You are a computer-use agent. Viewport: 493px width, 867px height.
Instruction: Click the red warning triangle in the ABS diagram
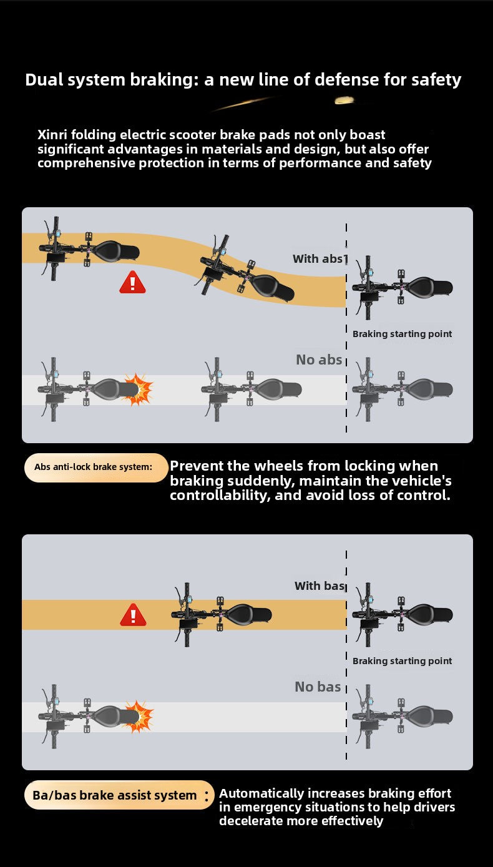click(132, 282)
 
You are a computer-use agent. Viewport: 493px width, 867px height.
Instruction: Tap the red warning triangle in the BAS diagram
click(133, 614)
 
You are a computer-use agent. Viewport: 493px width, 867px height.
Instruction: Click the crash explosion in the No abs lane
click(138, 389)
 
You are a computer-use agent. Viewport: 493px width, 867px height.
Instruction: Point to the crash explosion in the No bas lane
click(139, 717)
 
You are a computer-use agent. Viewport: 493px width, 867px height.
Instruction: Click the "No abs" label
click(320, 360)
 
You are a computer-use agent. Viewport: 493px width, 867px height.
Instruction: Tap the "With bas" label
click(320, 585)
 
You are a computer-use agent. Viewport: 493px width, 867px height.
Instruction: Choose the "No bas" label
click(318, 687)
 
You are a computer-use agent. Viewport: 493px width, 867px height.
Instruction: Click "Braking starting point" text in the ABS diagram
click(402, 334)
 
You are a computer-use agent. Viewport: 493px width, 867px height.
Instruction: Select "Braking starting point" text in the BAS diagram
click(402, 660)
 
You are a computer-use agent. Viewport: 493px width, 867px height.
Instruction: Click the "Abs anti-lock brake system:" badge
click(96, 467)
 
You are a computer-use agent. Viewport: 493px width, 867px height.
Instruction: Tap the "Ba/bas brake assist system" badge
click(119, 795)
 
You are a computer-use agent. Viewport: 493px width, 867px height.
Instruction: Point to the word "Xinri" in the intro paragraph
click(52, 135)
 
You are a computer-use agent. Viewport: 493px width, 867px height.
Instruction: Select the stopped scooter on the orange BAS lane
click(222, 615)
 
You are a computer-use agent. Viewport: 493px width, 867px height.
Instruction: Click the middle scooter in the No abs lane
click(251, 389)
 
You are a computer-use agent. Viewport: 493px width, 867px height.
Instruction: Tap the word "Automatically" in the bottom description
click(261, 794)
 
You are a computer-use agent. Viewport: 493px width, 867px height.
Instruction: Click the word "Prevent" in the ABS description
click(197, 466)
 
